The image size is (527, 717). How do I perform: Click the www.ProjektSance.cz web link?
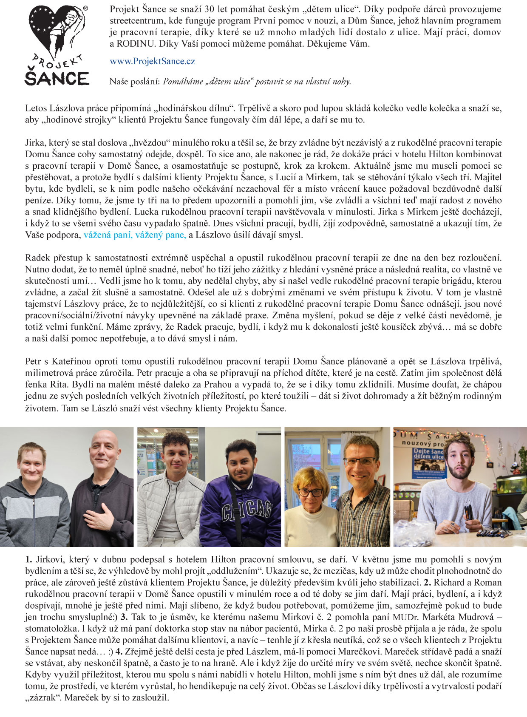pos(152,61)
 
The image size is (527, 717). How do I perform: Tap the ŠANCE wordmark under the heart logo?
pos(57,78)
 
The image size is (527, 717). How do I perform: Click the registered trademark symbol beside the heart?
pos(85,8)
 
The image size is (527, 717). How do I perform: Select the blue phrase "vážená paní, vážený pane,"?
pos(135,235)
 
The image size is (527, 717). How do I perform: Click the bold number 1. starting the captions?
pos(28,560)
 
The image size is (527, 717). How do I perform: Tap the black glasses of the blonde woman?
pos(311,492)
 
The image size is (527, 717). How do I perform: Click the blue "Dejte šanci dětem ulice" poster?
pos(428,461)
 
